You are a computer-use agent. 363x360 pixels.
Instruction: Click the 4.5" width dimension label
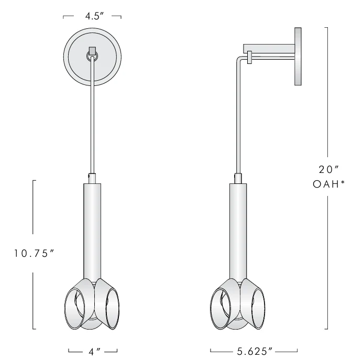tap(94, 16)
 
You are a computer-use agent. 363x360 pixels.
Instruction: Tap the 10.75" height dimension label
tap(34, 253)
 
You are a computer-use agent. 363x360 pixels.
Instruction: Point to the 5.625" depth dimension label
tap(255, 352)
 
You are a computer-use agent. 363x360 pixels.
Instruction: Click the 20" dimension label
tap(328, 170)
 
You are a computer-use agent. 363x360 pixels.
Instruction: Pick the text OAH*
tap(329, 184)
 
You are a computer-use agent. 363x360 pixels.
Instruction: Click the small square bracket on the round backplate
tap(92, 51)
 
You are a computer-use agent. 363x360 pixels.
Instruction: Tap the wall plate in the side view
tap(298, 56)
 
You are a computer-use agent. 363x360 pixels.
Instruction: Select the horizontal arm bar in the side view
tap(269, 48)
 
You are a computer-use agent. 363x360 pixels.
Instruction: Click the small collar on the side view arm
tap(249, 57)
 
